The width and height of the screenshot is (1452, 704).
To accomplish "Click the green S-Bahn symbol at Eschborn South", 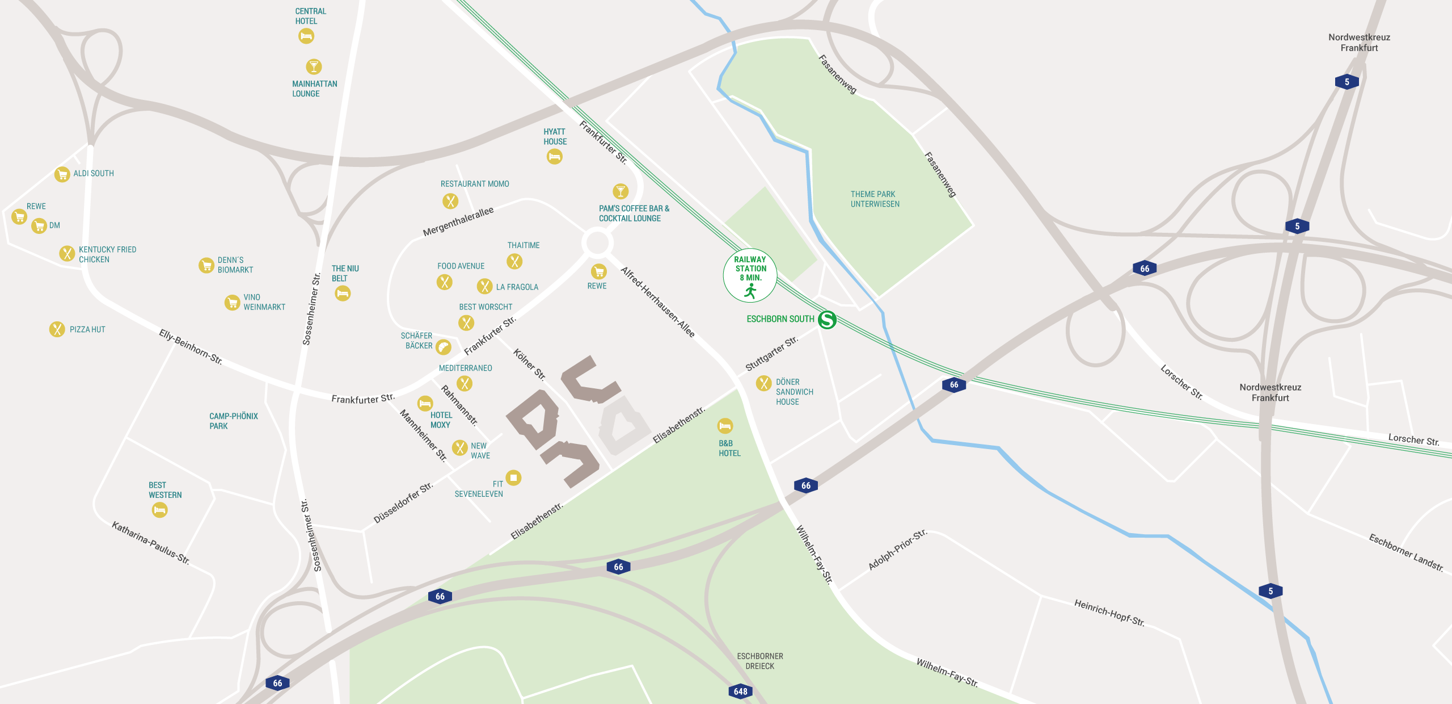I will [828, 320].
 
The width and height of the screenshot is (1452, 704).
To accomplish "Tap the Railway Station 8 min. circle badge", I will [750, 275].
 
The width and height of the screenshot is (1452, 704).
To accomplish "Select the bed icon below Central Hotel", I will [306, 36].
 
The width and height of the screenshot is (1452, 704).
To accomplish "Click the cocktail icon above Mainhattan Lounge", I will [314, 66].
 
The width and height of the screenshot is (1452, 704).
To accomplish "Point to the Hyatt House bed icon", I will [554, 156].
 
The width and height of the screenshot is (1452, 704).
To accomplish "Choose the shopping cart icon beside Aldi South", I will [62, 174].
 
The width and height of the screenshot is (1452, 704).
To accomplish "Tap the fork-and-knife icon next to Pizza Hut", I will [57, 329].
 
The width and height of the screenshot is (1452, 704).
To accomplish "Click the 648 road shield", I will [740, 691].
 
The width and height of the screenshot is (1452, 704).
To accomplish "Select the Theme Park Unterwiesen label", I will [875, 199].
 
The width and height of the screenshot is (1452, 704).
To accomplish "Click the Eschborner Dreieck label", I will [760, 661].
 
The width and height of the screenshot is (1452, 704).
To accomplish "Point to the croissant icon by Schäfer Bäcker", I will [444, 346].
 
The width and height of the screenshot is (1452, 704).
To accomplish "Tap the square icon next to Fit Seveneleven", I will [513, 477].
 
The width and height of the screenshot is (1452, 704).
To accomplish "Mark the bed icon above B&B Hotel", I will [725, 425].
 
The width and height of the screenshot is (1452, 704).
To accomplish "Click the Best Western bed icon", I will [160, 510].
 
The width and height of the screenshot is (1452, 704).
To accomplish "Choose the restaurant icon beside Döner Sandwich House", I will [763, 383].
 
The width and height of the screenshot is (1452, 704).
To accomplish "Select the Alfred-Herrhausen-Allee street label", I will [657, 302].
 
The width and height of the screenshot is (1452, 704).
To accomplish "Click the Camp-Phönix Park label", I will [233, 421].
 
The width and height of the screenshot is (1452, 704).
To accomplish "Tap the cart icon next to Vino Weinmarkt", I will [232, 302].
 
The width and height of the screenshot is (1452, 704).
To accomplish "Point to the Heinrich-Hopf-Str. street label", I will [1109, 613].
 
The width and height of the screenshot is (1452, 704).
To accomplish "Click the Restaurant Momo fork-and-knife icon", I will [450, 201].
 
